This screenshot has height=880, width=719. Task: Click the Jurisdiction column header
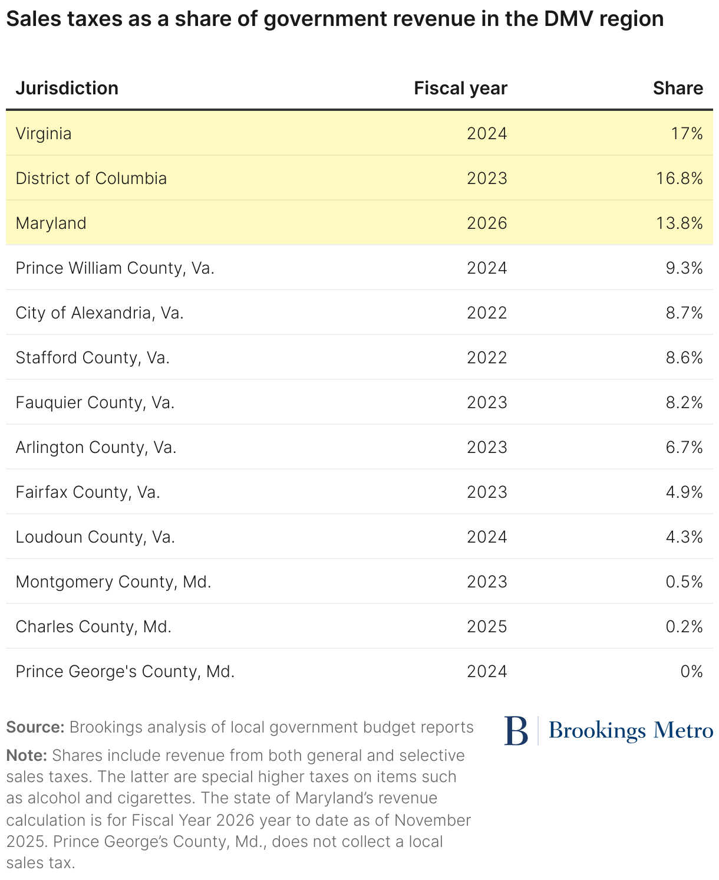click(x=67, y=88)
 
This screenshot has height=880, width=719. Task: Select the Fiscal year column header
click(x=460, y=88)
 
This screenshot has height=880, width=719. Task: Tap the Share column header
click(x=678, y=88)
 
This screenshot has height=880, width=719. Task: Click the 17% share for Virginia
click(x=687, y=133)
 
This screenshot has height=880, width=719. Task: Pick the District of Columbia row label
click(x=91, y=178)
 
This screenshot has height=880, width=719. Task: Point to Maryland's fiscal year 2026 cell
click(x=487, y=223)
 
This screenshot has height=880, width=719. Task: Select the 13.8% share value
click(x=680, y=223)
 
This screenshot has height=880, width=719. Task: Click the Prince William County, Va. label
click(x=115, y=268)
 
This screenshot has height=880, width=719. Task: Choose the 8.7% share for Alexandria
click(x=684, y=313)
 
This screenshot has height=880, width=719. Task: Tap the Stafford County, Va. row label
click(x=93, y=357)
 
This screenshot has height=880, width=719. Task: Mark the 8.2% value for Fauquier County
click(x=684, y=402)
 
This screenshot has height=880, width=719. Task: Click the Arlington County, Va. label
click(x=96, y=447)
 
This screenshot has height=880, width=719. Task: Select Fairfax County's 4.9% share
click(x=684, y=492)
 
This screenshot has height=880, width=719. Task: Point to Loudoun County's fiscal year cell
click(x=487, y=537)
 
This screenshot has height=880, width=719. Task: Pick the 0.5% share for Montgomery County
click(x=684, y=582)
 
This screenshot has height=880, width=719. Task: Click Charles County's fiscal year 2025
click(x=487, y=626)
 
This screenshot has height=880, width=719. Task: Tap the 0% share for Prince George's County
click(x=692, y=671)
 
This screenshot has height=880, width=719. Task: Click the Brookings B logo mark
click(x=516, y=731)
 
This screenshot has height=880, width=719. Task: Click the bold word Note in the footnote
click(x=27, y=756)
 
